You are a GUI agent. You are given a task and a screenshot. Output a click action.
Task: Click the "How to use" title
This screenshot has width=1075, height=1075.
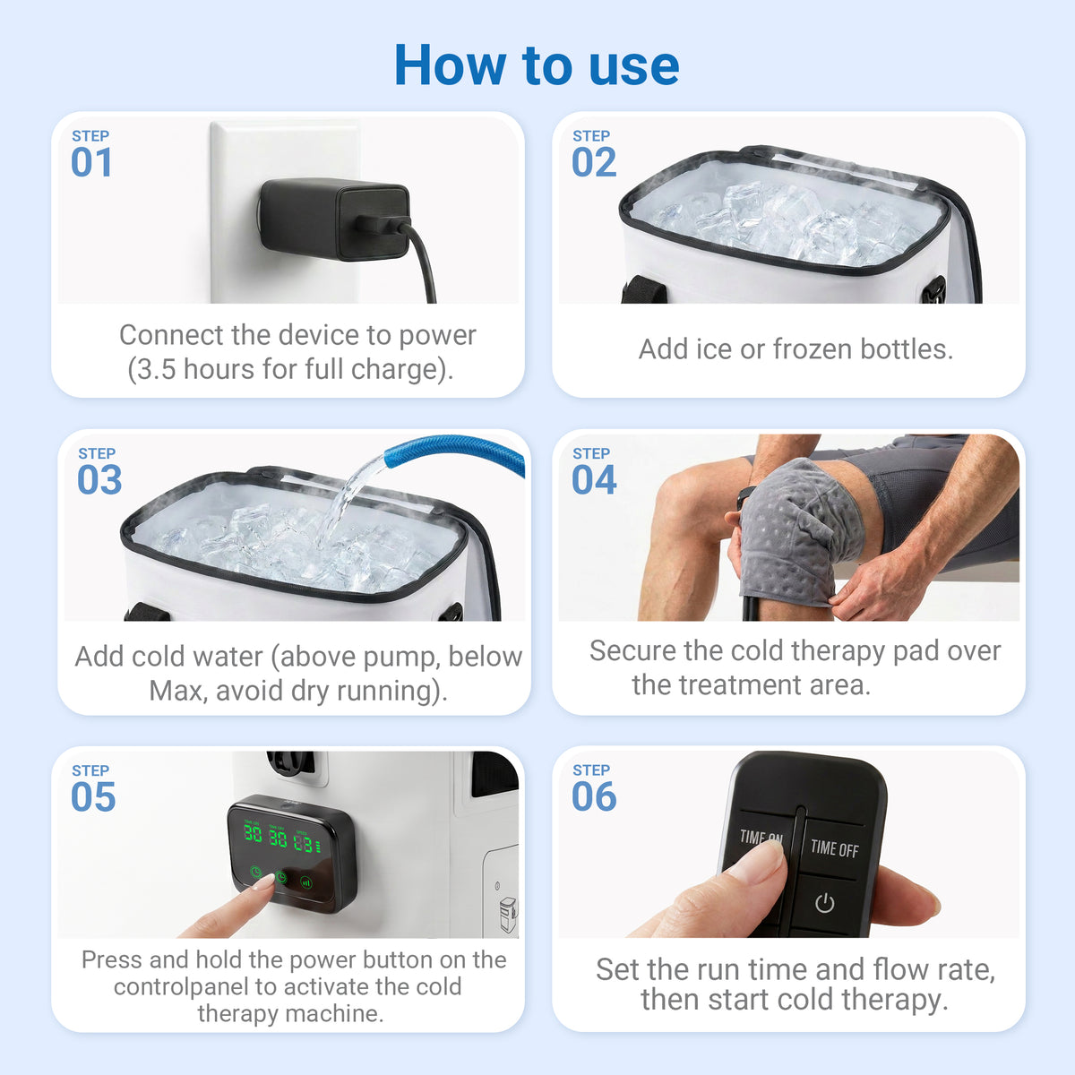[x=537, y=65]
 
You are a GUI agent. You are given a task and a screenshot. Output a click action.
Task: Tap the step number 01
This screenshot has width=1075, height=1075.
[x=91, y=162]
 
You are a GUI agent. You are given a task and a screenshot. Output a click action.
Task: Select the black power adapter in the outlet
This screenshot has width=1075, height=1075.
[x=335, y=219]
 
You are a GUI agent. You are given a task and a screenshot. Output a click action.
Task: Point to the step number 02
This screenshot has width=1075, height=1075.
[x=594, y=162]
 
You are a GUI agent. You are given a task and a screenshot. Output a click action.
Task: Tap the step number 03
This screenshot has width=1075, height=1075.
[x=99, y=480]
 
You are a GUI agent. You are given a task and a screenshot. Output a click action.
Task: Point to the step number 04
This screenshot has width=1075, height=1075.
[x=594, y=480]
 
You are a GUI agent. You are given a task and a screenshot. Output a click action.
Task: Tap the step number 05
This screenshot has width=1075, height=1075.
[x=93, y=796]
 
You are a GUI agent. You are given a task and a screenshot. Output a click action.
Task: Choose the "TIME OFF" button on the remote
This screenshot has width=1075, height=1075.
[x=834, y=848]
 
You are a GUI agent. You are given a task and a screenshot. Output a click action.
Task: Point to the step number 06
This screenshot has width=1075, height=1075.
[x=594, y=796]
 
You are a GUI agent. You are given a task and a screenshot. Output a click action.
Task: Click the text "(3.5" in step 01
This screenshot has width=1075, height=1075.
[x=152, y=370]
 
